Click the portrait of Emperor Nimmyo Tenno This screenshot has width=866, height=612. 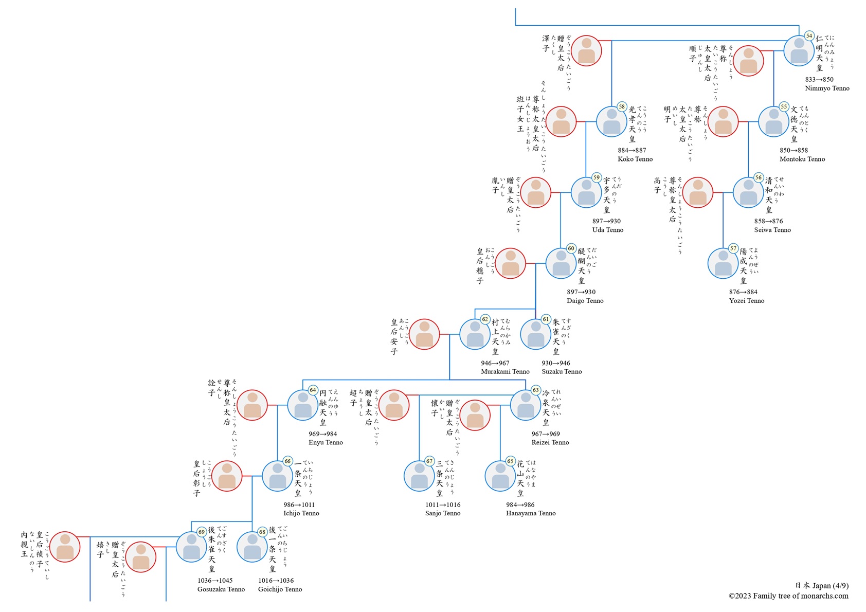(x=799, y=51)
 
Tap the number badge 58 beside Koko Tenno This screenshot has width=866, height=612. (x=622, y=107)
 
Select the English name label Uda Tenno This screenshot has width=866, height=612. (x=607, y=230)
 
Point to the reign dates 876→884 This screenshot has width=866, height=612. (x=743, y=292)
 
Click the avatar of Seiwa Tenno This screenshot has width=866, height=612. (x=748, y=192)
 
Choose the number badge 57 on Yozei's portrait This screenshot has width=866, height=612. (x=733, y=248)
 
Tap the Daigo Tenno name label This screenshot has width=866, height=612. (x=585, y=301)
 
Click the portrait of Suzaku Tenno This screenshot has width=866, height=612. (x=536, y=334)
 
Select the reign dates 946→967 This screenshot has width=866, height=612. (x=495, y=363)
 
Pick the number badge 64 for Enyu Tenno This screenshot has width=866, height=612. (x=313, y=390)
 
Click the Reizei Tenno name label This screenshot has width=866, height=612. (x=550, y=442)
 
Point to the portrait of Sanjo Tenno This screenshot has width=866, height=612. (x=419, y=476)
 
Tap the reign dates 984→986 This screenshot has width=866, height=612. (x=520, y=505)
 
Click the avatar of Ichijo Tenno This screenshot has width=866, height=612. (x=278, y=476)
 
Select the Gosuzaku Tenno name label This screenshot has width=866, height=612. (x=221, y=589)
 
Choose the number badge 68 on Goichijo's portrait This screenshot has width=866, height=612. (x=262, y=532)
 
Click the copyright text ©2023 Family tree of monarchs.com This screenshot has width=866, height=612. (x=788, y=596)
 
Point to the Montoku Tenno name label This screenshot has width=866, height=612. (x=802, y=159)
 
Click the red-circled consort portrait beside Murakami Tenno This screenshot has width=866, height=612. (x=424, y=334)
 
